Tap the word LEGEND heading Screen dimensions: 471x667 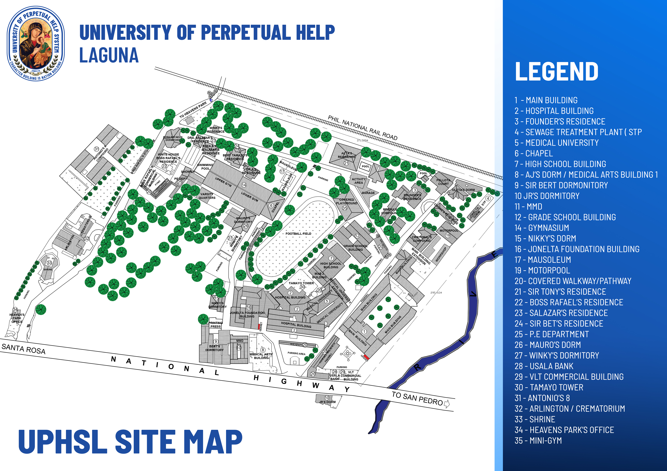556,71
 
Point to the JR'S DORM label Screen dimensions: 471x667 327,402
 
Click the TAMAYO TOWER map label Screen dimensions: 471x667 301,283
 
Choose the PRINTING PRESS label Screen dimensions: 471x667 216,324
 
